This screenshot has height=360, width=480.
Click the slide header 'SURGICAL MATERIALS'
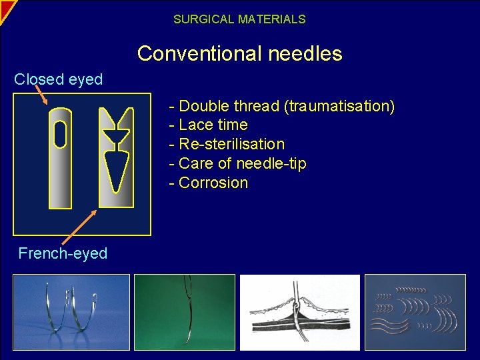pyautogui.click(x=239, y=19)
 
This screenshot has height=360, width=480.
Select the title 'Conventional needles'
pyautogui.click(x=239, y=53)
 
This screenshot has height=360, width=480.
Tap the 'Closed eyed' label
pyautogui.click(x=59, y=79)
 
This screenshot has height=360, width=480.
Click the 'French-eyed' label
pyautogui.click(x=63, y=253)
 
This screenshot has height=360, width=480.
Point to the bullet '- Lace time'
pyautogui.click(x=209, y=125)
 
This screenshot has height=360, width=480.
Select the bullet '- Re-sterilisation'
pyautogui.click(x=227, y=144)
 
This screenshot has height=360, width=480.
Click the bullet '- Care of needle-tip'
pyautogui.click(x=237, y=163)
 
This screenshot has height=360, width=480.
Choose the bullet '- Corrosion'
pyautogui.click(x=209, y=183)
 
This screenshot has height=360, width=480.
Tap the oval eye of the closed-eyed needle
pyautogui.click(x=60, y=135)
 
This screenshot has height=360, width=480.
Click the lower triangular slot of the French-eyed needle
pyautogui.click(x=116, y=170)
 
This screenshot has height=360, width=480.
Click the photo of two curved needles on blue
pyautogui.click(x=71, y=312)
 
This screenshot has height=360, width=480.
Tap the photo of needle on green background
pyautogui.click(x=185, y=312)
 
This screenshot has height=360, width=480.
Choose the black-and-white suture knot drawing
pyautogui.click(x=299, y=312)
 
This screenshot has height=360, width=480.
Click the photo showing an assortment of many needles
pyautogui.click(x=415, y=312)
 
